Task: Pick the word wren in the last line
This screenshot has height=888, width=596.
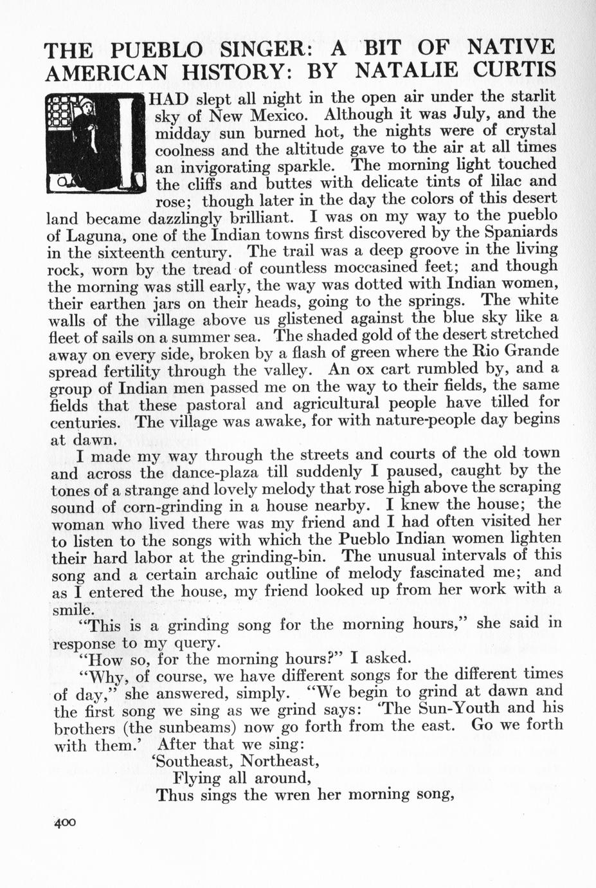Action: coord(298,795)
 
